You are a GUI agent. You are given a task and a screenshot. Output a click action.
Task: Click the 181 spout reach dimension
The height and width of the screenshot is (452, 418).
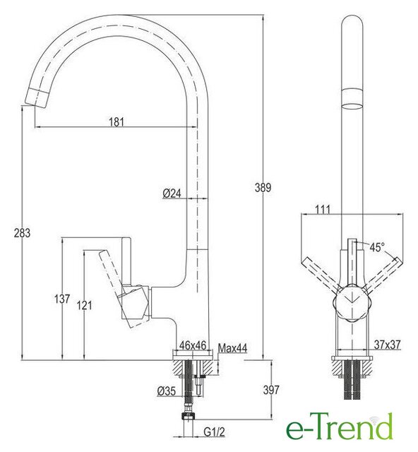(117, 121)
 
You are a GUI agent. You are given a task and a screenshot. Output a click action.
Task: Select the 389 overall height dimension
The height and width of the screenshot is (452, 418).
(263, 188)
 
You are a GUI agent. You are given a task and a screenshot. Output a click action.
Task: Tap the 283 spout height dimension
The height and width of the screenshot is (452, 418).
(22, 233)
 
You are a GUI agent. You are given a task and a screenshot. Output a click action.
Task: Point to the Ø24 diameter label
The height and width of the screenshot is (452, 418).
(172, 193)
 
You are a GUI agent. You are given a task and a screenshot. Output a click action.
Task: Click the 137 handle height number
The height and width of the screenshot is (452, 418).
(62, 299)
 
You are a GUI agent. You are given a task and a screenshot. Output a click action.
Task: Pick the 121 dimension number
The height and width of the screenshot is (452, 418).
(84, 305)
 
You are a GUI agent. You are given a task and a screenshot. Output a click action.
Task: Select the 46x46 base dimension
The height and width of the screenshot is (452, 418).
(193, 345)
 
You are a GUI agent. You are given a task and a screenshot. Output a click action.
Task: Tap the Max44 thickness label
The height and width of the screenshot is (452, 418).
(232, 348)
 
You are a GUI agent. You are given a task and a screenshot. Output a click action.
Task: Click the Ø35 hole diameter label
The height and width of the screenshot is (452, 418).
(167, 391)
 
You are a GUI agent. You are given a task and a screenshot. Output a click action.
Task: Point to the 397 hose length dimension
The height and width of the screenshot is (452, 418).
(271, 390)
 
